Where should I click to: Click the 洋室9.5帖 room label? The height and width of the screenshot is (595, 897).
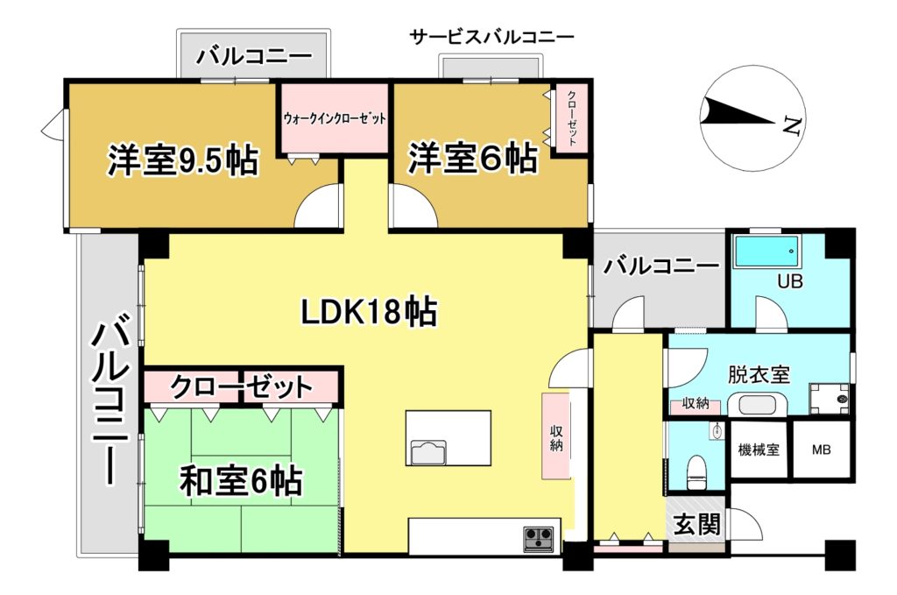(x=183, y=160)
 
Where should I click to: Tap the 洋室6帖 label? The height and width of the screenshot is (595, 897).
(x=472, y=158)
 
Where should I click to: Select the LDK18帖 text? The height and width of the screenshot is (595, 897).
(x=369, y=312)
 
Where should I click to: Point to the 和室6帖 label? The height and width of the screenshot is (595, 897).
(x=240, y=481)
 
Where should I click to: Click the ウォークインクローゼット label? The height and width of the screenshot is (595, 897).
(x=335, y=118)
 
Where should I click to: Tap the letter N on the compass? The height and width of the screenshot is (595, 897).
(x=791, y=124)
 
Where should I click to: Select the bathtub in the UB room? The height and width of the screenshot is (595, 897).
(x=766, y=251)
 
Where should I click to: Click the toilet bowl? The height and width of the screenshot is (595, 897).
(x=696, y=471)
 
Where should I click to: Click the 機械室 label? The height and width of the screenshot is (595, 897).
(x=759, y=450)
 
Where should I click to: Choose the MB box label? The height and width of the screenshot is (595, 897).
(x=821, y=450)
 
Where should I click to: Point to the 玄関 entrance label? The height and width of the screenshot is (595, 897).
(x=696, y=524)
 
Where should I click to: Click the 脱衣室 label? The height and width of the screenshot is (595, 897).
(x=759, y=375)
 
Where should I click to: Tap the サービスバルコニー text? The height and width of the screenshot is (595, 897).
(x=491, y=38)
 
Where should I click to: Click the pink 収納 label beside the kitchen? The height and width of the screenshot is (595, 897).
(x=556, y=437)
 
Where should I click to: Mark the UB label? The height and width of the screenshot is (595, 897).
(x=789, y=281)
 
